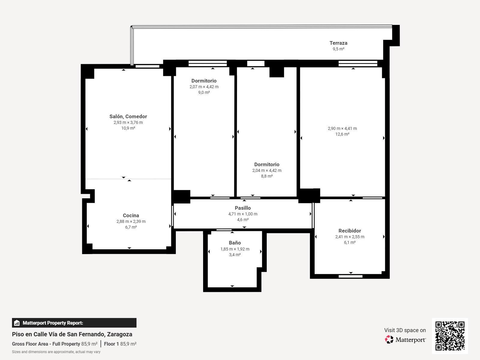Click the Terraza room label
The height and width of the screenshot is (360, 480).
pos(338,43)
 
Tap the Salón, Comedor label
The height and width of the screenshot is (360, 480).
pos(128,116)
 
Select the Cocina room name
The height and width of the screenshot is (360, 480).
pos(131,215)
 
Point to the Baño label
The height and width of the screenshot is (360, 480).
pos(235,243)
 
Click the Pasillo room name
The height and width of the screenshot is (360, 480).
pos(243,208)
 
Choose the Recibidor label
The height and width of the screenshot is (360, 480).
pos(349,231)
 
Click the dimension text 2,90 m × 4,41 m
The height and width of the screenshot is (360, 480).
pos(342,128)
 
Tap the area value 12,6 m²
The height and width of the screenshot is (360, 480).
pos(342,134)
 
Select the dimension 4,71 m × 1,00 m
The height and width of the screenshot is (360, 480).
pos(243,214)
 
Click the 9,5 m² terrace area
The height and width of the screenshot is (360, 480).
pos(338,49)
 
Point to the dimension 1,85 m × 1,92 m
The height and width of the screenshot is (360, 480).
pos(235,249)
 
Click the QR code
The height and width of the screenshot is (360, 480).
pos(450,336)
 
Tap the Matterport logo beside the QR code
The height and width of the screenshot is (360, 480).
pos(405,340)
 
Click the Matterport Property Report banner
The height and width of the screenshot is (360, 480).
pos(74,323)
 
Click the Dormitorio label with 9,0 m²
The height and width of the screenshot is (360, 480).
pos(204,81)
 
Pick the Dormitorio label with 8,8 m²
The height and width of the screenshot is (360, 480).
pos(267,164)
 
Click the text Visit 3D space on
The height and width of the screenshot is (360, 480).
pos(405,330)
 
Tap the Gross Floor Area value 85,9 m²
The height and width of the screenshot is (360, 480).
pos(89,344)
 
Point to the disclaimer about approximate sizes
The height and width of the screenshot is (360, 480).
pos(56,352)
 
